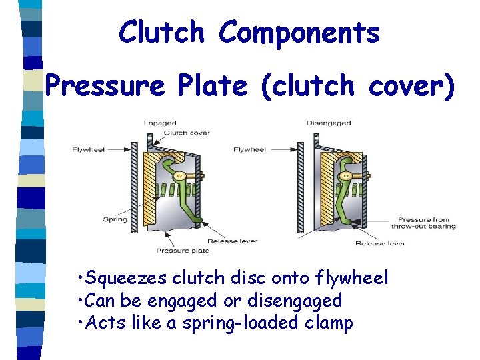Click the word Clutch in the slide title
click(161, 33)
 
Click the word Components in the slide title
click(299, 33)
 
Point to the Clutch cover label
click(186, 133)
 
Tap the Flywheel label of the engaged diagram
click(89, 149)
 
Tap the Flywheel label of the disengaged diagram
click(249, 149)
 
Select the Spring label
click(115, 219)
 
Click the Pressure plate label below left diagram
click(182, 251)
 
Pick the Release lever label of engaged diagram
click(232, 241)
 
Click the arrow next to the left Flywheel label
click(120, 149)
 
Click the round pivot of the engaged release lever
click(179, 176)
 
